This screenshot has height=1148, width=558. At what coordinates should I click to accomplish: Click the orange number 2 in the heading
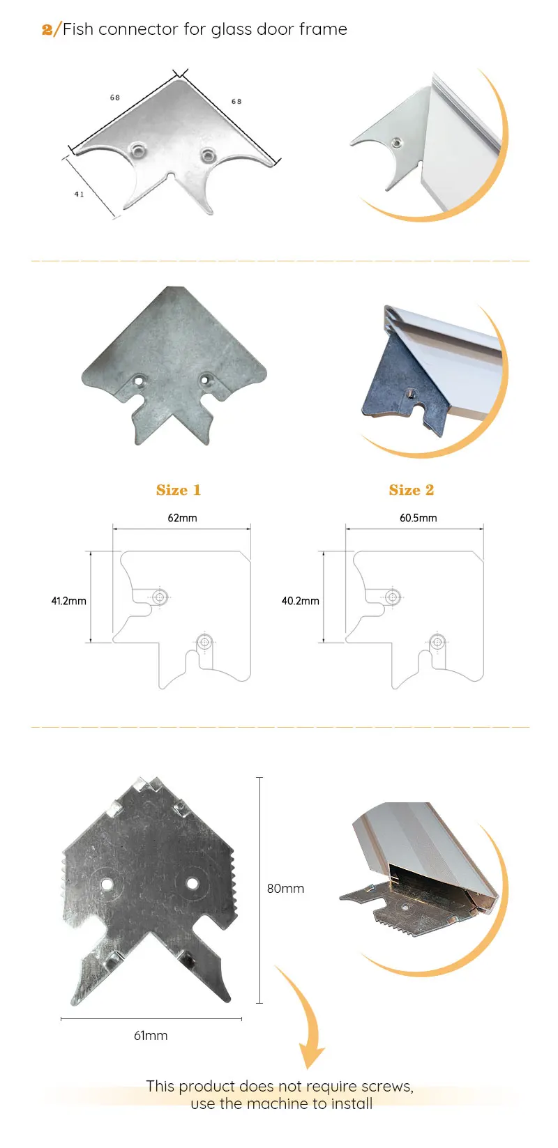47,29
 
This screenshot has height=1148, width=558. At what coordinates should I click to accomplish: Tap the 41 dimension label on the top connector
79,194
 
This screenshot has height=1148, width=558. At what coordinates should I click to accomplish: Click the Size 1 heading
179,490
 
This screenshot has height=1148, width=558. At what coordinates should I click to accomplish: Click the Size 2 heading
412,490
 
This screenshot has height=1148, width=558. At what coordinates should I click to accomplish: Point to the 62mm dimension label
182,518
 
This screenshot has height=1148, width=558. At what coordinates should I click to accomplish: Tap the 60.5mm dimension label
418,518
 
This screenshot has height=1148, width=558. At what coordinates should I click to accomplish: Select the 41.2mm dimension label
68,601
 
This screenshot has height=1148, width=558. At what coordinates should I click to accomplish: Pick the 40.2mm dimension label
300,601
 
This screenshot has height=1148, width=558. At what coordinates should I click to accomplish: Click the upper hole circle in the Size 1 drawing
160,597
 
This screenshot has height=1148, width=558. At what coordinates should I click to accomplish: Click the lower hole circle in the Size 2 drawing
437,642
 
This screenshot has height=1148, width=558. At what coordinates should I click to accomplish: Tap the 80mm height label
285,889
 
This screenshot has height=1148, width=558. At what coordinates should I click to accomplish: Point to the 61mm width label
151,1036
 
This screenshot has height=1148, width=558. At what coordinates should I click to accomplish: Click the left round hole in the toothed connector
107,884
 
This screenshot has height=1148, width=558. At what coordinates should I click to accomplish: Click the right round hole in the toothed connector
192,883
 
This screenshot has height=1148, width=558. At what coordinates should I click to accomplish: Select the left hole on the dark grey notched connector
140,381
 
